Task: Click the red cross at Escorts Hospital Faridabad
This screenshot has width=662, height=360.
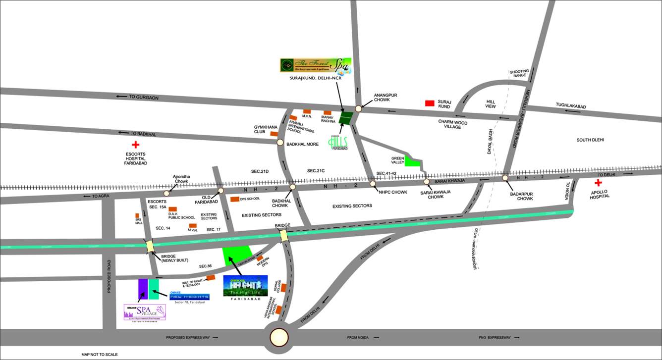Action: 135,145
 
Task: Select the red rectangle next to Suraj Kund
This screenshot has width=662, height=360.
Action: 430,103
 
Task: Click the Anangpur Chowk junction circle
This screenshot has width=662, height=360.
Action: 358,108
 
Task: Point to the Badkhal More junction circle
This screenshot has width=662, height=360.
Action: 280,143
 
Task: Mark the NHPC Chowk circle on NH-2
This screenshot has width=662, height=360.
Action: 373,184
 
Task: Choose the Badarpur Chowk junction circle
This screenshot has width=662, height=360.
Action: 505,178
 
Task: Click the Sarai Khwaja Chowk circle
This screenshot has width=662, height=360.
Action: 427,182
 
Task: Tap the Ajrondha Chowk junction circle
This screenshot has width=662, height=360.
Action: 166,193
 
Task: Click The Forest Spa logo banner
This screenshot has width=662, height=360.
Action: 316,66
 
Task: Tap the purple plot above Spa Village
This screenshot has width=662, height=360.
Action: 143,290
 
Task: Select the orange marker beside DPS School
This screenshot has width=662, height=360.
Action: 234,199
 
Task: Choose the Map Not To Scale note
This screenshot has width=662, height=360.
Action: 100,355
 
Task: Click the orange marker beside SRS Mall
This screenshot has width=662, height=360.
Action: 137,216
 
